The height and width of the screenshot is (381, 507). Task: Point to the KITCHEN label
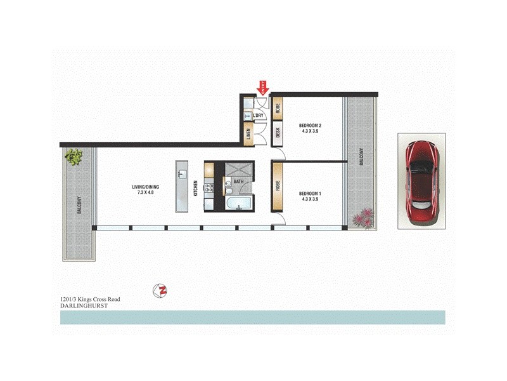click(196, 187)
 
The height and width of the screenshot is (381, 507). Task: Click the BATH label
click(238, 182)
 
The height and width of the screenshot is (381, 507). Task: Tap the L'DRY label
click(259, 116)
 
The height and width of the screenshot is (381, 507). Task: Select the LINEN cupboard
click(248, 134)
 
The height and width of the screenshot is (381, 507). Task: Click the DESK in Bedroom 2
click(278, 133)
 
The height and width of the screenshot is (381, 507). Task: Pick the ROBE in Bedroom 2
click(278, 106)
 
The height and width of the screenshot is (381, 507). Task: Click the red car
click(421, 181)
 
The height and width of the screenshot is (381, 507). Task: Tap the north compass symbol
click(161, 291)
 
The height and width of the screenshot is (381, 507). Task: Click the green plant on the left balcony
click(74, 156)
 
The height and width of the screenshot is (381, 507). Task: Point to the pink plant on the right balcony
click(364, 218)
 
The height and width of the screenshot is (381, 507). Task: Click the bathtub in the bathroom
click(238, 203)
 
